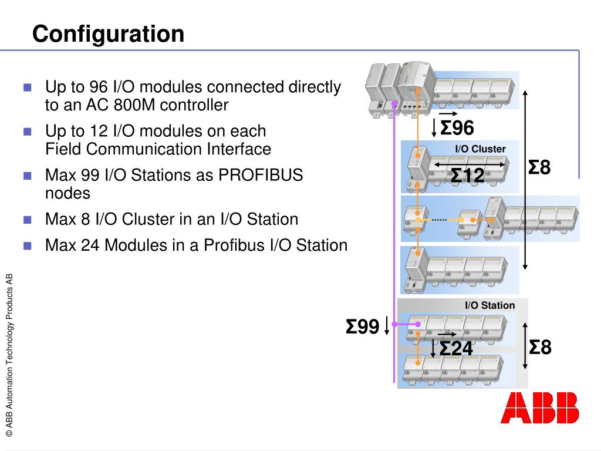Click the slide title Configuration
tap(108, 33)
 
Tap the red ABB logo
tap(539, 408)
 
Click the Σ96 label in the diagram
tap(457, 127)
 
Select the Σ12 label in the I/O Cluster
tap(468, 175)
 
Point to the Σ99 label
tap(362, 327)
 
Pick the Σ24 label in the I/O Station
tap(456, 348)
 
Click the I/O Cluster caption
tap(480, 149)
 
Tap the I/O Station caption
tap(489, 305)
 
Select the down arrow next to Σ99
tap(387, 325)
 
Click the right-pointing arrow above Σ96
tap(447, 114)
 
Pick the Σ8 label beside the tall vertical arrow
tap(539, 167)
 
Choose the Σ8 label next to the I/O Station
tap(540, 347)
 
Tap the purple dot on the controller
tap(394, 103)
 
